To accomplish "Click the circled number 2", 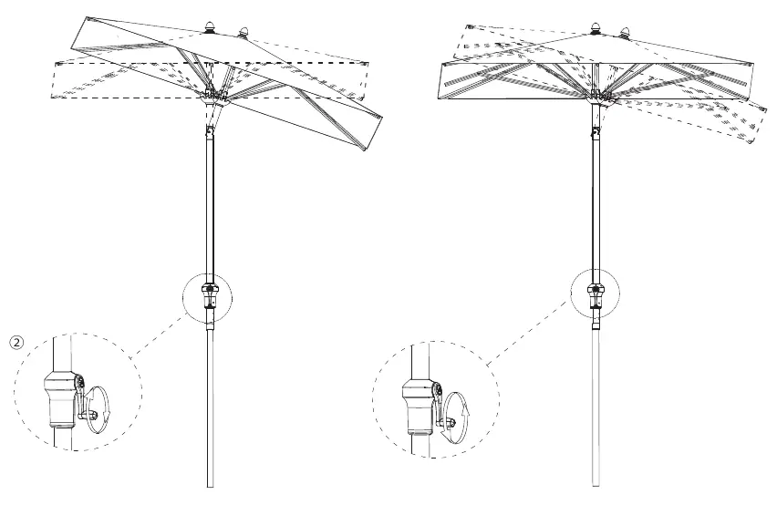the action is pyautogui.click(x=16, y=342).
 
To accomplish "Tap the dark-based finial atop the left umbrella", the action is pyautogui.click(x=210, y=27).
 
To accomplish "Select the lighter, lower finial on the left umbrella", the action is pyautogui.click(x=243, y=33).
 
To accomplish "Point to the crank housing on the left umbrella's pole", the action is pyautogui.click(x=210, y=296).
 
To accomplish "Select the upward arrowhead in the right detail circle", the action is pyautogui.click(x=465, y=408).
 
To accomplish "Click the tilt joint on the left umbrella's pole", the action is pyautogui.click(x=210, y=131).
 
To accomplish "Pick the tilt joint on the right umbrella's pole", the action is pyautogui.click(x=596, y=131).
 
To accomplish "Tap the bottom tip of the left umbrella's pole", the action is pyautogui.click(x=210, y=487).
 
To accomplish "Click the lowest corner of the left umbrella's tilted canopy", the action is pyautogui.click(x=365, y=150).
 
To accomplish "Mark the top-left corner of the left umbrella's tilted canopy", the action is pyautogui.click(x=88, y=18).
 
